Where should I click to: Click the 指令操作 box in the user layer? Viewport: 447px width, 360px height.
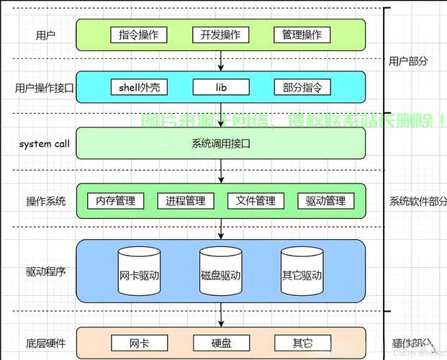(x=139, y=35)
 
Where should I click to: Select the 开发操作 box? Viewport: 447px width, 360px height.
(x=220, y=35)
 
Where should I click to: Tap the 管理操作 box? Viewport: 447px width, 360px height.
(x=302, y=35)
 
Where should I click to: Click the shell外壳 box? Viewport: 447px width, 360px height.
(x=139, y=88)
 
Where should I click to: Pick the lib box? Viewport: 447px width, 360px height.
(x=220, y=88)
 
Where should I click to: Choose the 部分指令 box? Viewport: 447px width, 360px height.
(x=302, y=88)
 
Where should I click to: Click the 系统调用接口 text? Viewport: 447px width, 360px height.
(x=220, y=143)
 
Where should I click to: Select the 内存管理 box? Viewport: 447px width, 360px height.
(x=116, y=201)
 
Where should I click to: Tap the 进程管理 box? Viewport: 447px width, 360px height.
(x=186, y=201)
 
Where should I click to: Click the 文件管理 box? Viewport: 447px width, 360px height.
(x=256, y=201)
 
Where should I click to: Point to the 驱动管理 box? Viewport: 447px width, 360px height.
(x=325, y=201)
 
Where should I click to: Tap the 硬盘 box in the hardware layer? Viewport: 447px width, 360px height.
(x=220, y=343)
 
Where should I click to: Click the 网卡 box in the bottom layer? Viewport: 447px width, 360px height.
(x=139, y=343)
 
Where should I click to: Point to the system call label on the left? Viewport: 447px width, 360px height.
(x=45, y=143)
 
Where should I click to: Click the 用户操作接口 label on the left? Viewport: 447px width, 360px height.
(x=45, y=88)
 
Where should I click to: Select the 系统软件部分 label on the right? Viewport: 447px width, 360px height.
(x=418, y=201)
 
